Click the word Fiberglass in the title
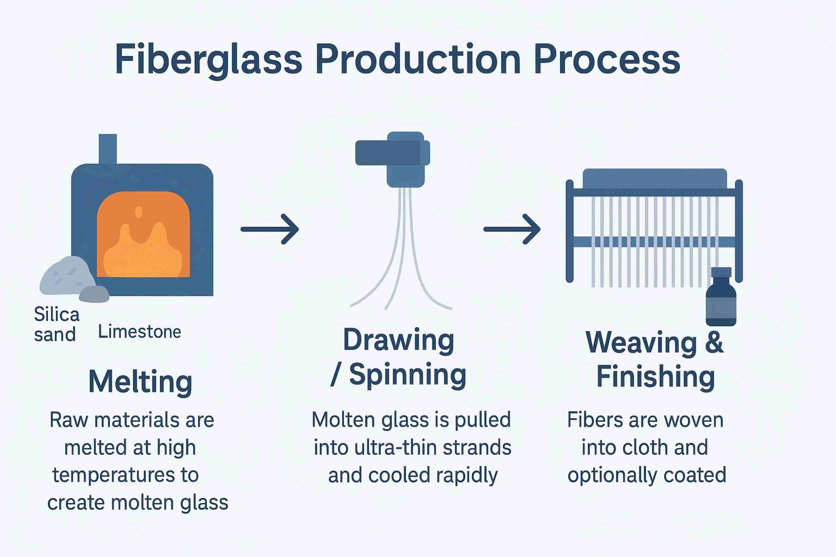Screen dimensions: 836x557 pos(209,60)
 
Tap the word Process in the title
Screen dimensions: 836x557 pos(607,59)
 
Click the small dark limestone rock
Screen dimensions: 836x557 pos(94,294)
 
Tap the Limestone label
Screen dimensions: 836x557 pos(139,332)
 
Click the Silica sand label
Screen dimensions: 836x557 pos(57,324)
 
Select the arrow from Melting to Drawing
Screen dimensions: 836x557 pos(270,229)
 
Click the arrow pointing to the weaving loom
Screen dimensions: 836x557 pos(512,229)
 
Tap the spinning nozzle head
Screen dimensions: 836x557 pos(393,159)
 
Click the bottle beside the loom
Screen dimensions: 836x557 pos(721,297)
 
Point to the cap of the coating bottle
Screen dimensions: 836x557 pos(721,273)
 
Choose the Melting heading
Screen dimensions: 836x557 pos(140,382)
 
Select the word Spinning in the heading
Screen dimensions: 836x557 pos(407,375)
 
